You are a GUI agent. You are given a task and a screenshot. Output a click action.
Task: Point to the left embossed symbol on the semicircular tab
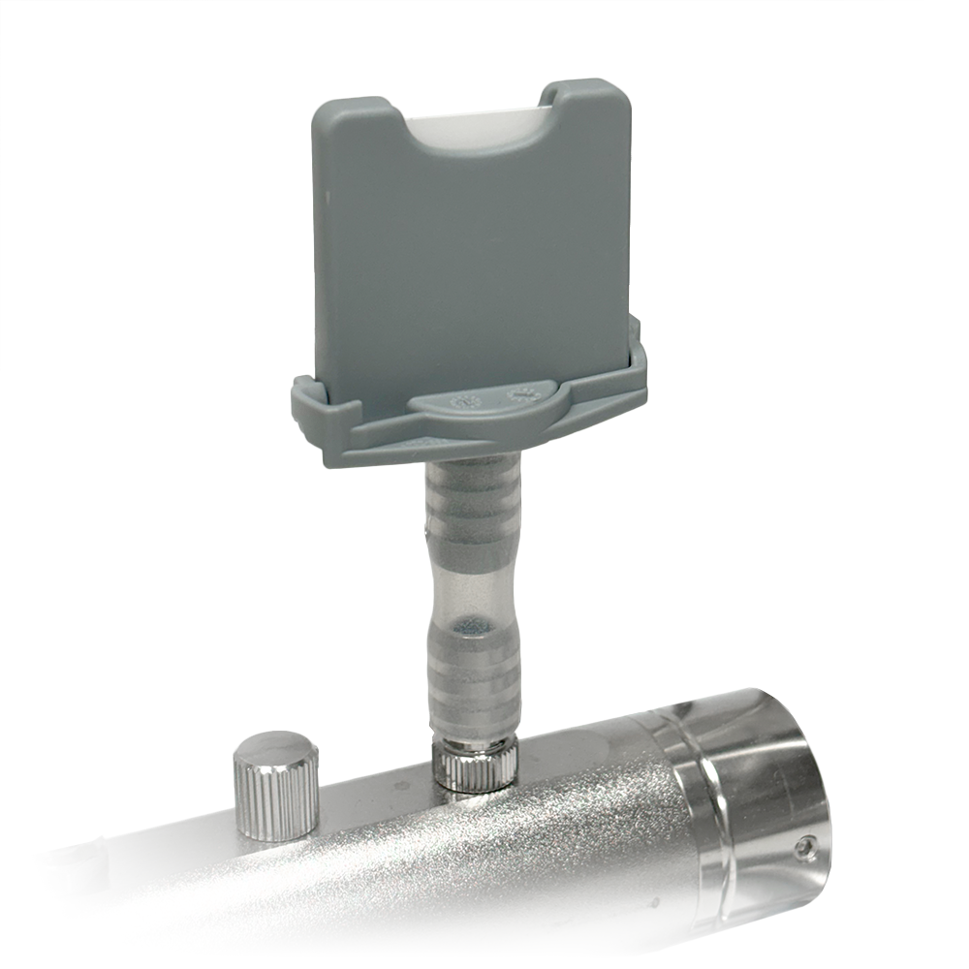point(463,399)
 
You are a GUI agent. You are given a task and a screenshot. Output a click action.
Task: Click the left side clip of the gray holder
point(308,407)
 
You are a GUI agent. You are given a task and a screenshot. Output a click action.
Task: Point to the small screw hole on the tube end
point(803,850)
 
